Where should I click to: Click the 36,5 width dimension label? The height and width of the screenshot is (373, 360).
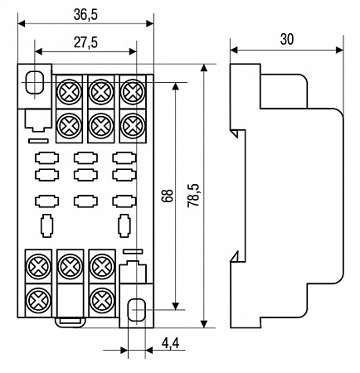click(85, 15)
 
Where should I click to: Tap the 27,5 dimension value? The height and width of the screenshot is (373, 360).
click(85, 43)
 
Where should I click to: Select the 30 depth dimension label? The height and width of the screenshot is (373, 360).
click(287, 39)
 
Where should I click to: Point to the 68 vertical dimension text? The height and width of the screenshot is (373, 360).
click(168, 196)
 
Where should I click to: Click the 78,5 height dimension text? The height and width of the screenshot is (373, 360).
click(193, 196)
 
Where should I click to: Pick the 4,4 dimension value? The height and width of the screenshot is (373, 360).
click(171, 343)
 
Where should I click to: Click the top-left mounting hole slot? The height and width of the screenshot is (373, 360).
click(35, 82)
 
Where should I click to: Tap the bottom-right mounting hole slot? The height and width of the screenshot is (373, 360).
click(136, 310)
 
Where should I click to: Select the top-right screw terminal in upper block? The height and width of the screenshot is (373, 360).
click(133, 91)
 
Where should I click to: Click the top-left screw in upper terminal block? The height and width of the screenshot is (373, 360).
click(70, 91)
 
